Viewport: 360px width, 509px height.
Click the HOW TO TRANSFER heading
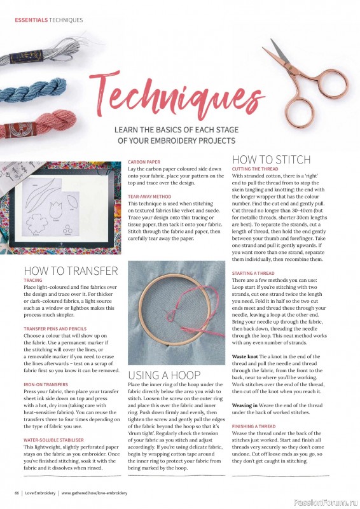71,270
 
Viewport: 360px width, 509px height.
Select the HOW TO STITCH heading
271,159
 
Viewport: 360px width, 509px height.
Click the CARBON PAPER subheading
144,162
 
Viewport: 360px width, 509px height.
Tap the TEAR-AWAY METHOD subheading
149,197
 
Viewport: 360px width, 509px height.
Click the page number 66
17,493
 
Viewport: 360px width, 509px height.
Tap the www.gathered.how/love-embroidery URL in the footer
94,493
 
